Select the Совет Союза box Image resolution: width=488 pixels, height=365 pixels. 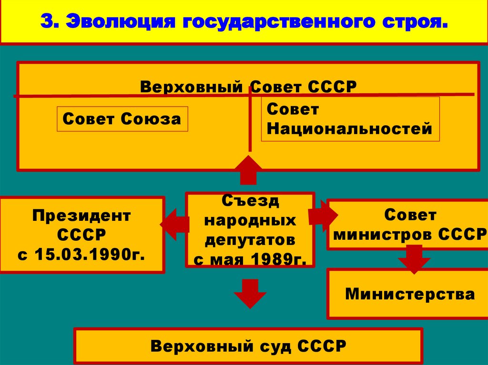(122, 118)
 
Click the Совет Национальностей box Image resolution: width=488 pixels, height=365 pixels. (350, 119)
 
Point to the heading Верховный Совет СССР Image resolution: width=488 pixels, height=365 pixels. (248, 87)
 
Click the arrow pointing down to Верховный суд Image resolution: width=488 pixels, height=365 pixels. (249, 294)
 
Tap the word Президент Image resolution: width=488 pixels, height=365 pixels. (81, 216)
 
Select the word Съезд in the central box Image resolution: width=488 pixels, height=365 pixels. (250, 201)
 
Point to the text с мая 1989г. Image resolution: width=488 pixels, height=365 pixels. (250, 259)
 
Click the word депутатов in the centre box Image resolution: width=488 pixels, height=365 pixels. (250, 240)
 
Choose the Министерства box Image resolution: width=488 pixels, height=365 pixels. (410, 294)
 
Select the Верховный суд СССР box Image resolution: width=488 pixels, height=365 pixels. (248, 345)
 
